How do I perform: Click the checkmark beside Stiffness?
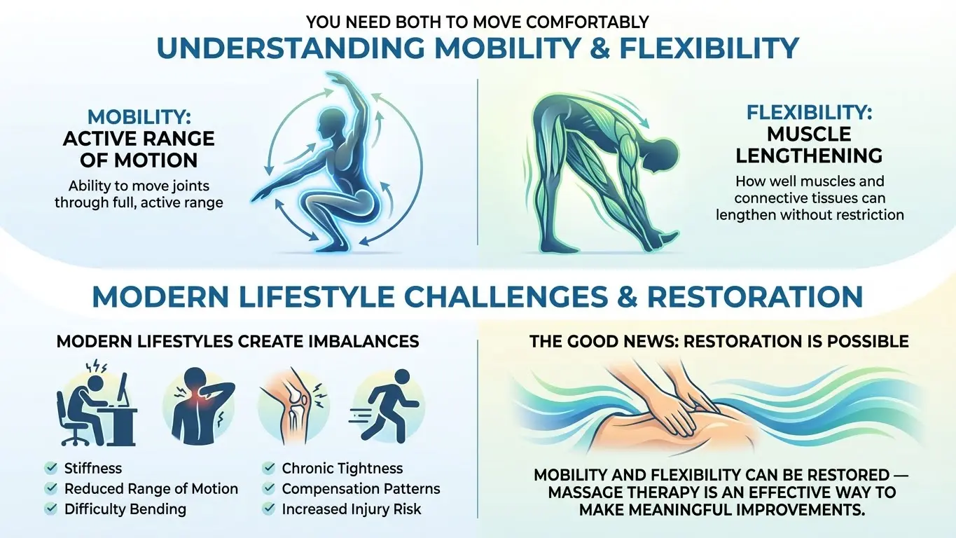pos(50,468)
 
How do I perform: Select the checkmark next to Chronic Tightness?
pos(268,468)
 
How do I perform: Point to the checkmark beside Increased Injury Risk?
pos(268,509)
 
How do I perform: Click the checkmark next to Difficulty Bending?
pos(50,509)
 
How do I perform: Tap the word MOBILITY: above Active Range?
pos(139,117)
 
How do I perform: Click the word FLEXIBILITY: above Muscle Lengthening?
pos(810,112)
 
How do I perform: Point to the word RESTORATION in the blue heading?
pos(754,297)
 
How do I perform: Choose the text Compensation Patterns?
pos(361,489)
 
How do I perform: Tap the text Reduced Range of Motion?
pos(151,489)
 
